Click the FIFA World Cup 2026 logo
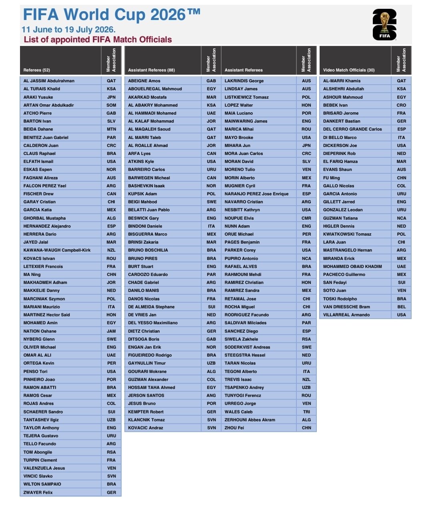(x=384, y=25)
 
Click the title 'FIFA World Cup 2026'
(x=112, y=15)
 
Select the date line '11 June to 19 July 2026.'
(x=68, y=30)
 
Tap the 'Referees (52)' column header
(x=37, y=70)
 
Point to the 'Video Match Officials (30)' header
(x=349, y=70)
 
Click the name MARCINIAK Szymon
(x=44, y=299)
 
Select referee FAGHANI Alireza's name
(x=40, y=178)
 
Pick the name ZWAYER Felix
(x=38, y=492)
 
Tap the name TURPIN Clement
(x=40, y=460)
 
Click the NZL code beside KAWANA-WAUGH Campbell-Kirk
(x=111, y=250)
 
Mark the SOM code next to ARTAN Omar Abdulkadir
(x=111, y=105)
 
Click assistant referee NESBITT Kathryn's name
(x=242, y=210)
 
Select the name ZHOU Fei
(x=234, y=428)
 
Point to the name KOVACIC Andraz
(x=146, y=428)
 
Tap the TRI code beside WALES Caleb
(x=306, y=412)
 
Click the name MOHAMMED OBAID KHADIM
(x=352, y=266)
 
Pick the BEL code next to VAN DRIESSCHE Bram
(x=402, y=307)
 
